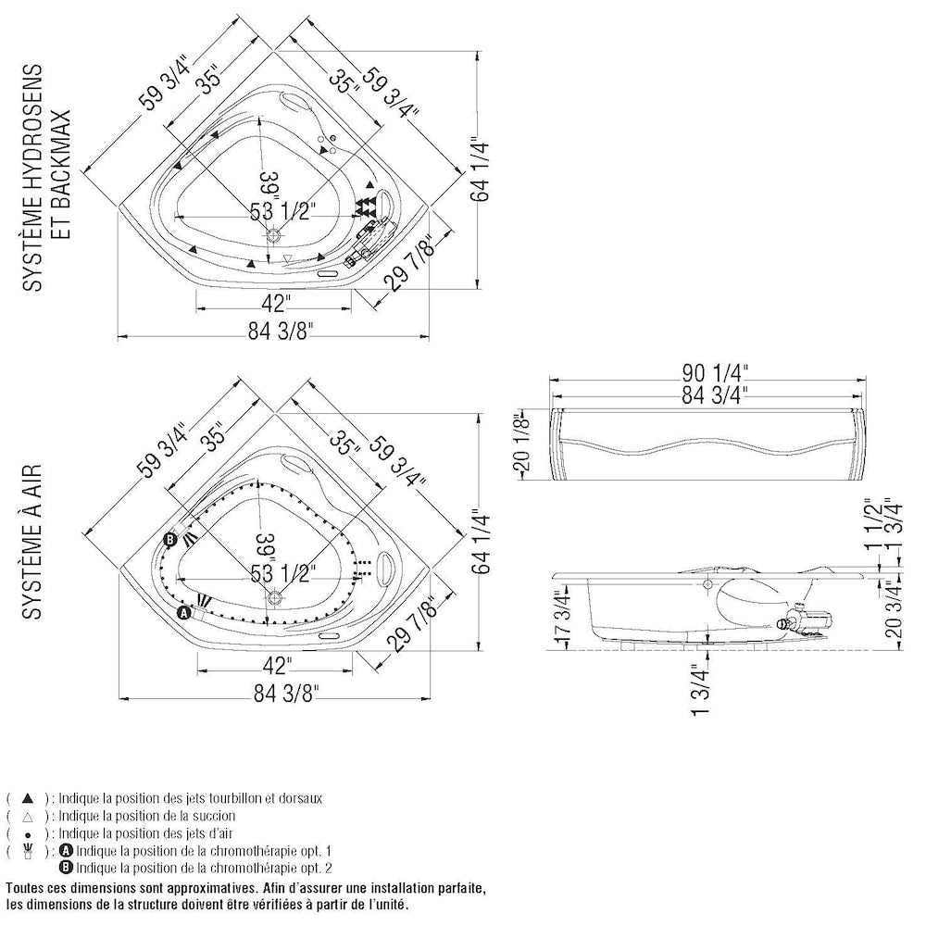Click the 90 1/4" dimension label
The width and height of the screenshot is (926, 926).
click(x=711, y=373)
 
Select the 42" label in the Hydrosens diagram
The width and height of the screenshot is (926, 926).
click(x=276, y=302)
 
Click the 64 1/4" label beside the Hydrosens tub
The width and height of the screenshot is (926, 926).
click(x=479, y=169)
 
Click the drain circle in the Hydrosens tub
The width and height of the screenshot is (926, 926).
click(x=274, y=237)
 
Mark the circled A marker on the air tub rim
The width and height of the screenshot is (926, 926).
click(x=183, y=612)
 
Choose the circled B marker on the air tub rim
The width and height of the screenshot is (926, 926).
click(x=170, y=540)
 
